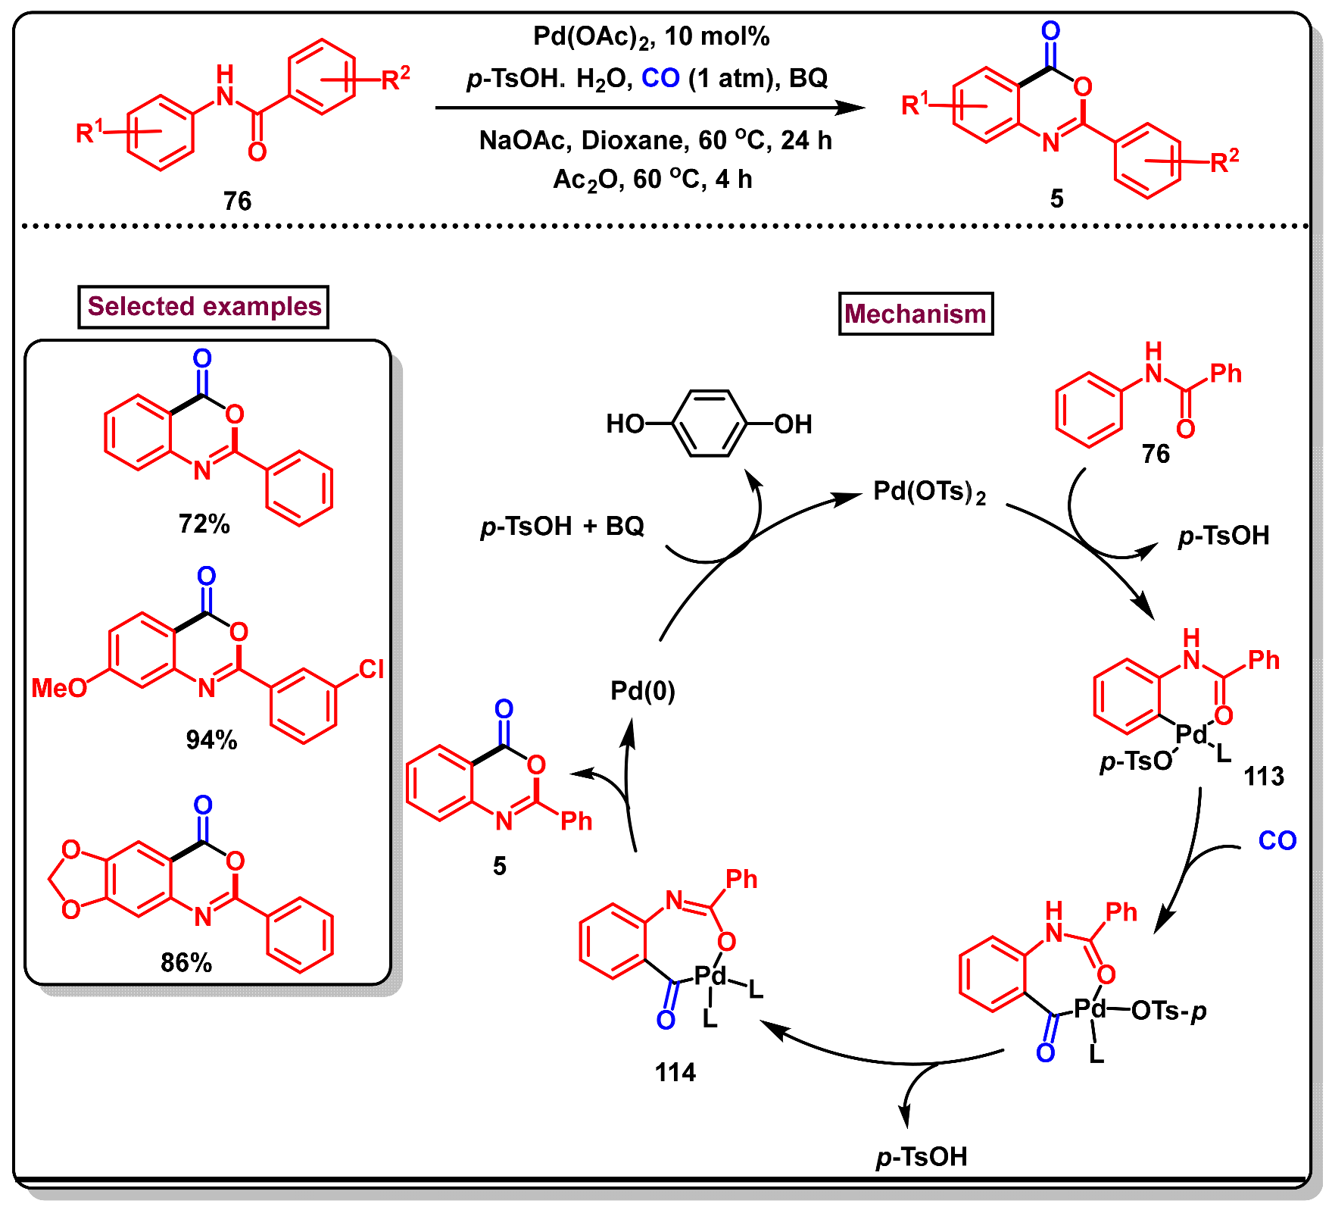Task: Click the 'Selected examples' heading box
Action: coord(203,306)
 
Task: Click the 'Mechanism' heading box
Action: coord(915,314)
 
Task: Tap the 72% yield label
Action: coord(204,524)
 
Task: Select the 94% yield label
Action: coord(211,739)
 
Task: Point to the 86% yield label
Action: coord(186,962)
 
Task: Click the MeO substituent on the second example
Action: coord(59,688)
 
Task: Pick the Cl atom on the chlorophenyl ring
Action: coord(371,668)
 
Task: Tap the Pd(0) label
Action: coord(642,690)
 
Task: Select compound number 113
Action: coord(1263,776)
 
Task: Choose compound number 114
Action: coord(675,1072)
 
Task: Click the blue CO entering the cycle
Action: coord(1277,840)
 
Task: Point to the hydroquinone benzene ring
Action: coord(709,424)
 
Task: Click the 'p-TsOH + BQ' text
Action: coord(562,526)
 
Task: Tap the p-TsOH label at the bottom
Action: coord(922,1157)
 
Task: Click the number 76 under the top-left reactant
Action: coord(237,201)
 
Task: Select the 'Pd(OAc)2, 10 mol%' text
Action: coord(651,36)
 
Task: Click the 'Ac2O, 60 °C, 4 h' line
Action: coord(652,180)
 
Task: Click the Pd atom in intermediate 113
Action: coord(1191,733)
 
